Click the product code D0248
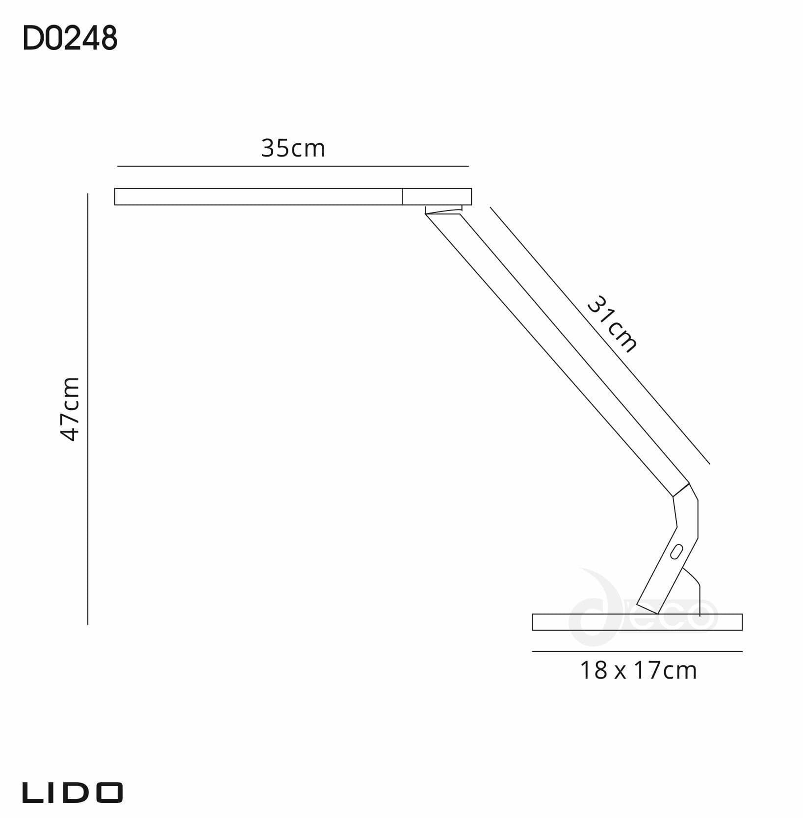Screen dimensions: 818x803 point(70,39)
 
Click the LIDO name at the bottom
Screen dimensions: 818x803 point(72,792)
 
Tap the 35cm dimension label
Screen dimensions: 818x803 point(293,148)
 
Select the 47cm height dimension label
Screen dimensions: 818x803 point(70,409)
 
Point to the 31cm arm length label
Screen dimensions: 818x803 point(612,324)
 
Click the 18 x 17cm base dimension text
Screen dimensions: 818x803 point(638,670)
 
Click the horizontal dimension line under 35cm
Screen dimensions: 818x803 point(293,166)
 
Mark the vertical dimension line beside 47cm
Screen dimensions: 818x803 point(88,409)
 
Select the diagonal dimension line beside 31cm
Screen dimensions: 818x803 point(599,335)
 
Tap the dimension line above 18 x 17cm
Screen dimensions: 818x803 point(637,652)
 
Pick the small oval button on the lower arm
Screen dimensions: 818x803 point(677,552)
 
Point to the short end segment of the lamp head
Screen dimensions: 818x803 point(437,196)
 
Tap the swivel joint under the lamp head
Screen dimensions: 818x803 point(443,210)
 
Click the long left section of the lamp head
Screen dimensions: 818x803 point(258,196)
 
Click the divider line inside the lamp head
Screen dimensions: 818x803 point(402,196)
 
